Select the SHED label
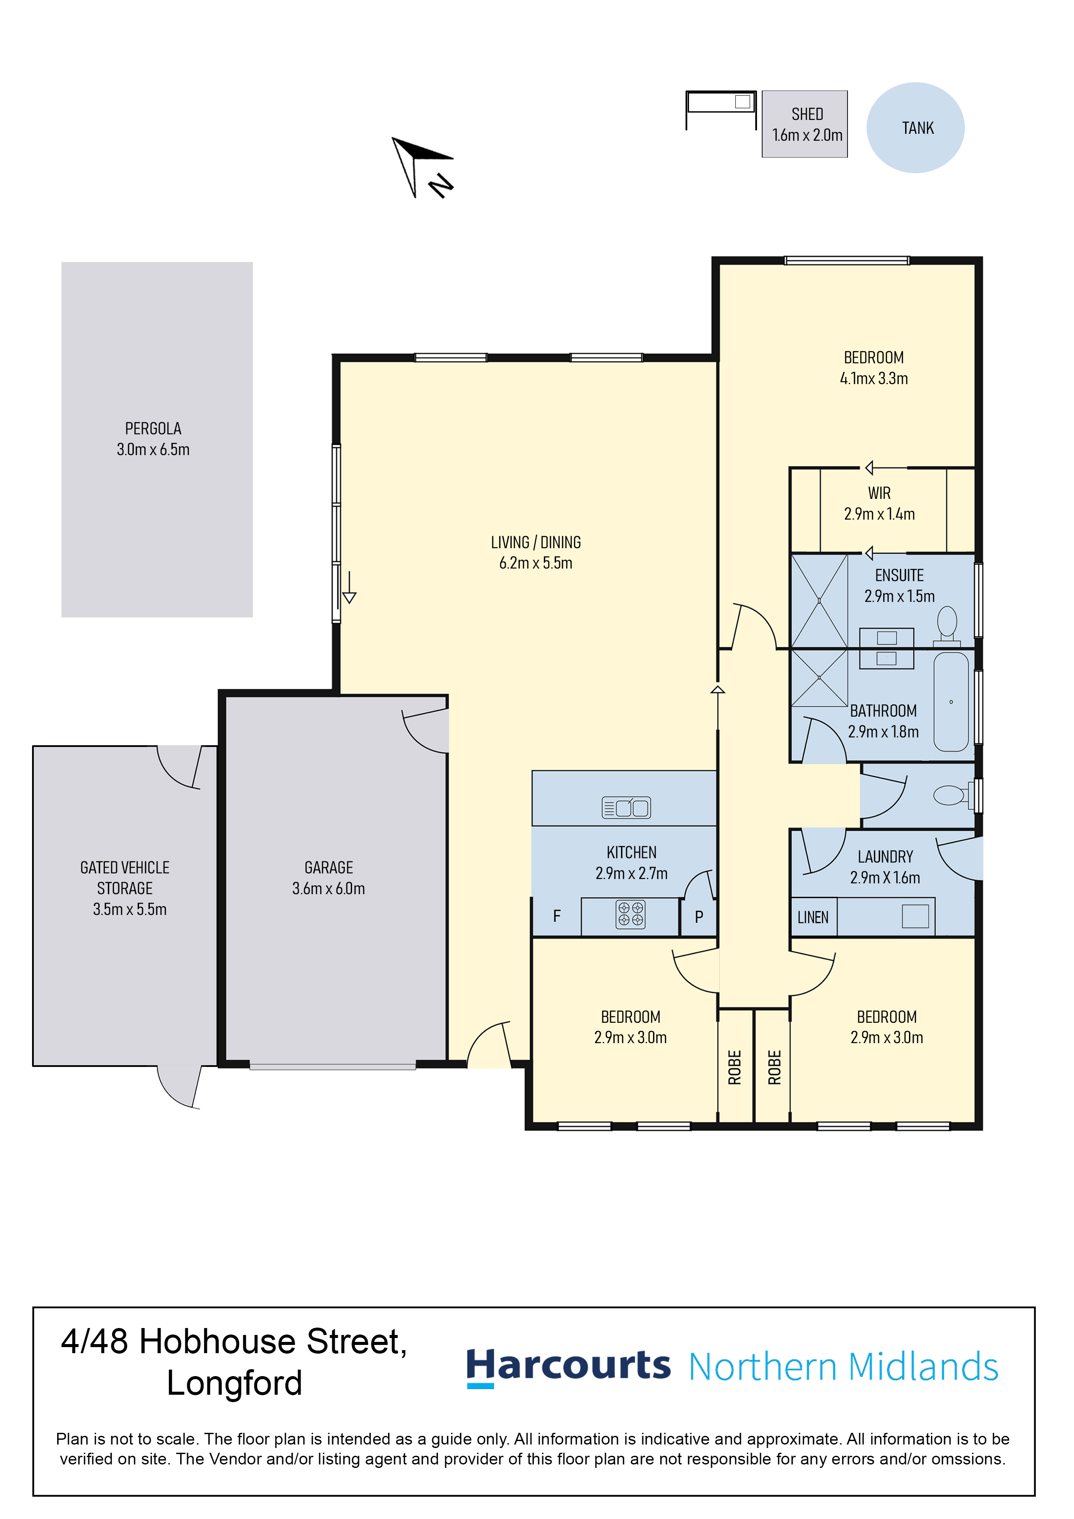click(807, 114)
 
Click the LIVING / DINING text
click(536, 543)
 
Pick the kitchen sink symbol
click(626, 807)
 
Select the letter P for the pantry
click(699, 917)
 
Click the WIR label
click(880, 493)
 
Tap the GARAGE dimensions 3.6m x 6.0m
click(329, 889)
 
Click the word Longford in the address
click(234, 1383)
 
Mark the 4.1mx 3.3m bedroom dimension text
click(874, 378)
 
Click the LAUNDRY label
click(886, 857)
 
